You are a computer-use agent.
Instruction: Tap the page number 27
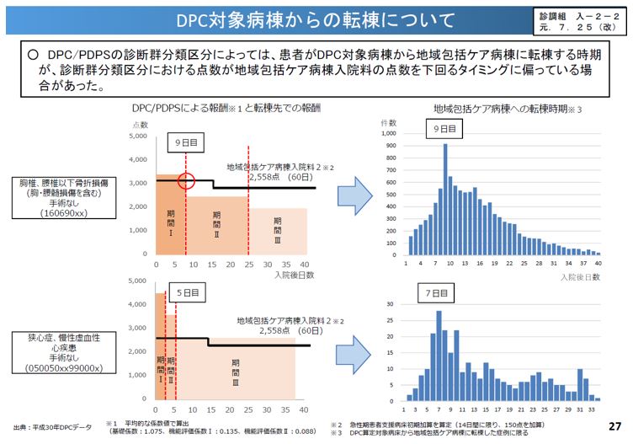(x=614, y=426)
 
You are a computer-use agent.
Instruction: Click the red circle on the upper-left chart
(x=187, y=181)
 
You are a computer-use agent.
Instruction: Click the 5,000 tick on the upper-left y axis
(x=137, y=136)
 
